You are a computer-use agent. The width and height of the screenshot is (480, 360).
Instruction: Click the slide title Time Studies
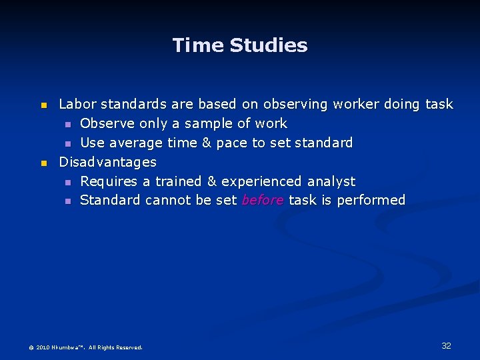(240, 45)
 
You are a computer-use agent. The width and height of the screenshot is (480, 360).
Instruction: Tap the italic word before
(263, 200)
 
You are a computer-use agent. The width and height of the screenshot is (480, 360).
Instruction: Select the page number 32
(446, 345)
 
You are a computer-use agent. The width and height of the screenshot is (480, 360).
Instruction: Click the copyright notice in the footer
(85, 347)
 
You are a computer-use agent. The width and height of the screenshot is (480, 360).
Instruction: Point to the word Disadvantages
(107, 162)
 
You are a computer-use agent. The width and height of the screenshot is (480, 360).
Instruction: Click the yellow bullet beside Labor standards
(44, 105)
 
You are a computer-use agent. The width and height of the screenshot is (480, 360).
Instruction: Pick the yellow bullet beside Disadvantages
(44, 163)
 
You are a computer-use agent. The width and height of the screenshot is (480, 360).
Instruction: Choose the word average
(134, 143)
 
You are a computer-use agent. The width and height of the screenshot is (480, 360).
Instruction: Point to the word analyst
(331, 181)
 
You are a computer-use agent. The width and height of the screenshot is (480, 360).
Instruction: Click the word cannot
(169, 200)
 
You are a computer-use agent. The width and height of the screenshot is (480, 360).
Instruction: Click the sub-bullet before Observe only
(67, 124)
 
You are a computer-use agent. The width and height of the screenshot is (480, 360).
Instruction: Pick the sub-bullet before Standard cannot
(67, 201)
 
